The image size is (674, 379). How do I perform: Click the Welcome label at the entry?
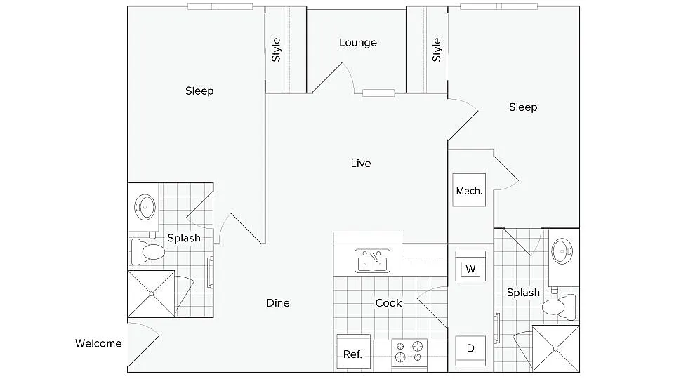98,343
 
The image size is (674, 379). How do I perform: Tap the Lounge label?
358,43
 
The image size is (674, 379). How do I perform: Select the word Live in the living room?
361,164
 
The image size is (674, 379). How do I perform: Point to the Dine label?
278,303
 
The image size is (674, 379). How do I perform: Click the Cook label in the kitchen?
388,303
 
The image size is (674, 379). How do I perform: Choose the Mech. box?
469,191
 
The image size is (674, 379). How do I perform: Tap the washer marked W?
470,268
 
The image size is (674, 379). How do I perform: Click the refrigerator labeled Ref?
352,354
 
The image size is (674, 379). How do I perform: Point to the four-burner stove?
409,353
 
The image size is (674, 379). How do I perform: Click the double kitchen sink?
372,261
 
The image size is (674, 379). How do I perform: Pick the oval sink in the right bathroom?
564,250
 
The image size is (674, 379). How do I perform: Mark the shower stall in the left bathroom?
151,293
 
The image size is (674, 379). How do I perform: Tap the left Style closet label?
277,50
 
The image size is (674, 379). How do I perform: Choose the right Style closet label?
437,50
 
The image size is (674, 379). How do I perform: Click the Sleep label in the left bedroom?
199,91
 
